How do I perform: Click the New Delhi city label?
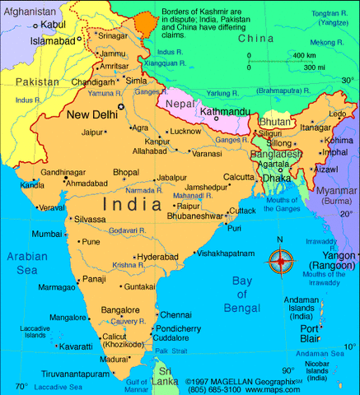point(91,114)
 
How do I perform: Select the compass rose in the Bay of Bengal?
point(280,262)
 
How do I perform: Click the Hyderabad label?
point(157,257)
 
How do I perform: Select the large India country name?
point(133,202)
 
